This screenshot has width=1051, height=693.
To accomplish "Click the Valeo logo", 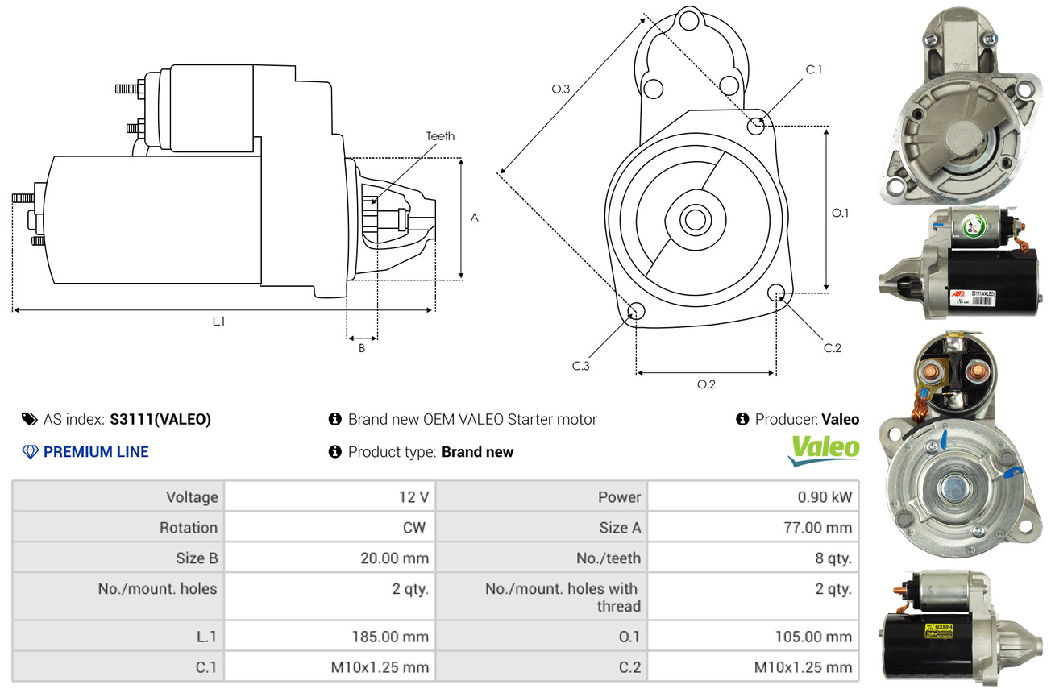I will tap(823, 450).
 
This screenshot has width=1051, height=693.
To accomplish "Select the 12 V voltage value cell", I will tap(413, 497).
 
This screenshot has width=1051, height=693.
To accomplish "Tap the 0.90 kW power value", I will tap(825, 497).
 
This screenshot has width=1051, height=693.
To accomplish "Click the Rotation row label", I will tap(188, 528).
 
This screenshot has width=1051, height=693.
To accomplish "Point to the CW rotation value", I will tap(416, 528).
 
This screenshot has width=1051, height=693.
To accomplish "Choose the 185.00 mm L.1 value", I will tap(390, 637).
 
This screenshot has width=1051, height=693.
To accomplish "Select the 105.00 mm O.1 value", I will tap(812, 637).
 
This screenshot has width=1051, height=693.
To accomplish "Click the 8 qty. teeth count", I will tap(834, 558).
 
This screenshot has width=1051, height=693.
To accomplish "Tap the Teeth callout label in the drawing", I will tap(440, 136).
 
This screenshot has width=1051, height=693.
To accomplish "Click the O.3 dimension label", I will tap(561, 89).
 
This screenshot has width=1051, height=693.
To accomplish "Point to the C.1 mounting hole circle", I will tap(756, 126).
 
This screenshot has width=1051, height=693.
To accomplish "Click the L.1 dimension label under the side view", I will tap(218, 322).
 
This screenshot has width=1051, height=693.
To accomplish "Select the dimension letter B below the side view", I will tap(362, 349).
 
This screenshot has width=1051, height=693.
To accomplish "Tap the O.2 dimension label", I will tap(706, 384).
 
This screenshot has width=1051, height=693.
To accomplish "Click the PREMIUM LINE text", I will tap(96, 452).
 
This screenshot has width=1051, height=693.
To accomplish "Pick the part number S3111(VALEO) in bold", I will tap(160, 419).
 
